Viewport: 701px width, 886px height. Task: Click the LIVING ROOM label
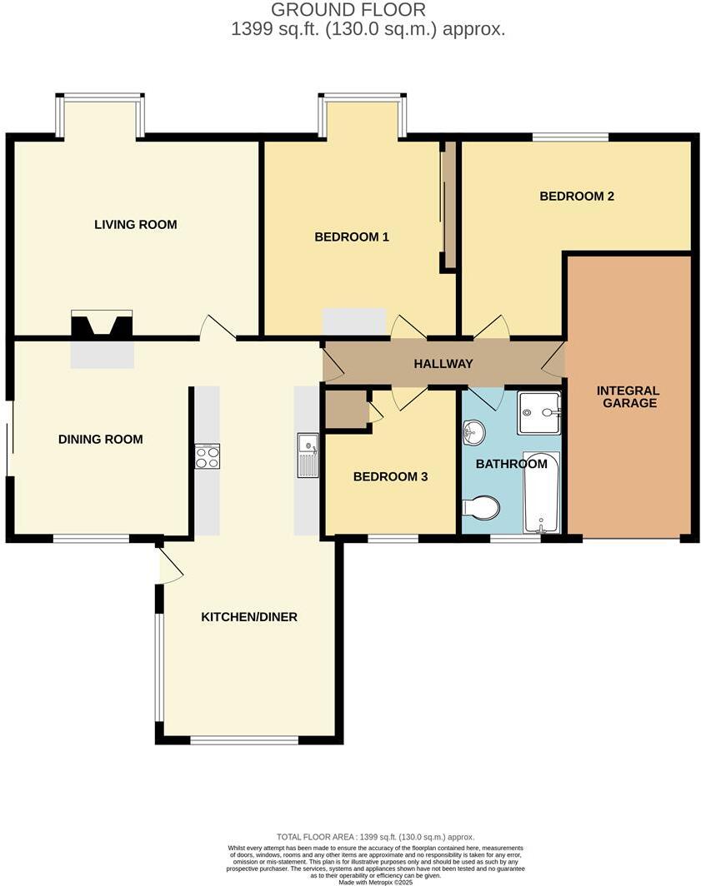point(135,224)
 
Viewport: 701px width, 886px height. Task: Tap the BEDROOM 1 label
point(351,236)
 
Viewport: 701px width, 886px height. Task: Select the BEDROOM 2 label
point(577,197)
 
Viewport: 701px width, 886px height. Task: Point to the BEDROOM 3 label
point(390,477)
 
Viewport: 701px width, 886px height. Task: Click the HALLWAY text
point(443,364)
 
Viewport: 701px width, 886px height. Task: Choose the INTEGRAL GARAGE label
point(628,396)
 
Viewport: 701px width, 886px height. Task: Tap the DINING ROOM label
point(100,440)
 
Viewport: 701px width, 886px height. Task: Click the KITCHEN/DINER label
point(249,617)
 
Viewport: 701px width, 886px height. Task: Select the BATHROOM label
point(510,464)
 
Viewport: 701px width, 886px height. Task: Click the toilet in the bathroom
point(482,507)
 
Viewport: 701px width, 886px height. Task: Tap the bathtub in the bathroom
point(541,492)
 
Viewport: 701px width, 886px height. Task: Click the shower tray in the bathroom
point(539,412)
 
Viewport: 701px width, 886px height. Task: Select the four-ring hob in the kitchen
point(208,456)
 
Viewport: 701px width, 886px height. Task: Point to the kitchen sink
point(308,455)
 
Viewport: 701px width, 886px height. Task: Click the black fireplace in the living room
point(102,326)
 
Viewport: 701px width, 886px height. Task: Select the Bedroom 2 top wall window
point(571,137)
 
